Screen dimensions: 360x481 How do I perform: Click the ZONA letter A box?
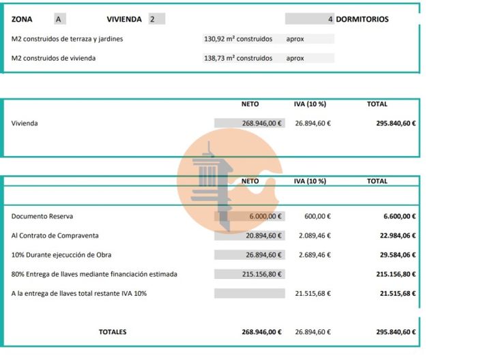(59, 19)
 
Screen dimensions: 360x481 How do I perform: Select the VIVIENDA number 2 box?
(156, 19)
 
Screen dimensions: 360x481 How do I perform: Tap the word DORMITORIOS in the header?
(362, 19)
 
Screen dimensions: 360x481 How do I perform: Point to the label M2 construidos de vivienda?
(53, 58)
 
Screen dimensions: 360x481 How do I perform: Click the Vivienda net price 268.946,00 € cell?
(250, 123)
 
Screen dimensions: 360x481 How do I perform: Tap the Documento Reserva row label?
(42, 216)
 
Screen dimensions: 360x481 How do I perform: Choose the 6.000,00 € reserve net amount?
(250, 216)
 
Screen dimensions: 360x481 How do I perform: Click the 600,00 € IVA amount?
(317, 216)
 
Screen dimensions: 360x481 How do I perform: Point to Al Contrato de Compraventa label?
(55, 235)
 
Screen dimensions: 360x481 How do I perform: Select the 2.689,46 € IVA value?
(313, 254)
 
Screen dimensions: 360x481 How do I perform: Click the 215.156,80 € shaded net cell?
(250, 274)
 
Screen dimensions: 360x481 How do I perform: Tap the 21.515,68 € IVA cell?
(313, 293)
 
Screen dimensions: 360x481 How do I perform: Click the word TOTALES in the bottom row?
(113, 332)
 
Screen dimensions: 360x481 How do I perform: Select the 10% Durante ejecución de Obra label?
(61, 254)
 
